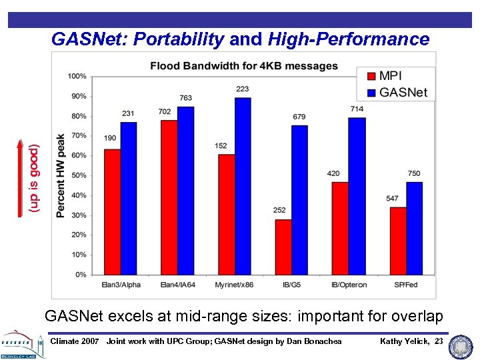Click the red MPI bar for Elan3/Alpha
coord(112,212)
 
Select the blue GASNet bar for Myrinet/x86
coord(243,186)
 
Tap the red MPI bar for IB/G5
coord(283,247)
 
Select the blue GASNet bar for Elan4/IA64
coord(185,191)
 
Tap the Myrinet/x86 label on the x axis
coord(233,285)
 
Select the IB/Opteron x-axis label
coord(348,285)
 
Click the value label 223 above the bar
coord(243,89)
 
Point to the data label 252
coord(279,211)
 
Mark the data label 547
coord(392,199)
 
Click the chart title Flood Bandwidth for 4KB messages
coord(243,66)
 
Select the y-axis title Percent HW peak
coord(61,175)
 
